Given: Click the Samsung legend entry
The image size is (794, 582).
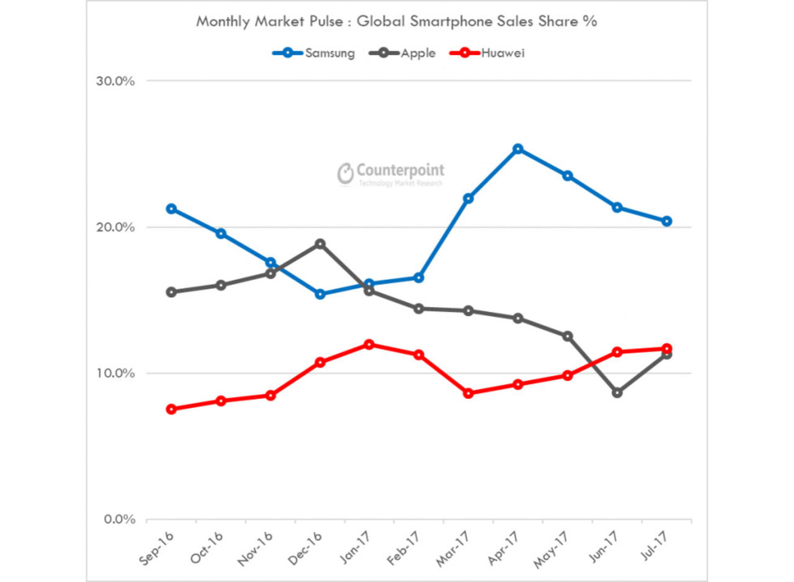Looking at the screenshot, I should (x=314, y=53).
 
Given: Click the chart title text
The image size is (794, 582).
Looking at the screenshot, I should (x=396, y=21).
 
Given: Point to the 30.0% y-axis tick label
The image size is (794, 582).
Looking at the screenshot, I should (x=115, y=81).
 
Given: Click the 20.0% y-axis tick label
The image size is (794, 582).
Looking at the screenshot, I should (x=115, y=227).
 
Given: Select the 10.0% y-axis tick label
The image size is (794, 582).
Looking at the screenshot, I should (x=115, y=374).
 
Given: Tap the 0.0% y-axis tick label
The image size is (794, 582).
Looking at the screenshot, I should (x=117, y=519).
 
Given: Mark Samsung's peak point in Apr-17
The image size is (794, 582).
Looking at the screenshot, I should (x=518, y=149).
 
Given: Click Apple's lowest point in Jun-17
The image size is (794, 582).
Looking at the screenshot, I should (x=617, y=393).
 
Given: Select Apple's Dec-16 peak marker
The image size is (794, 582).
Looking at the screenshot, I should (x=320, y=244).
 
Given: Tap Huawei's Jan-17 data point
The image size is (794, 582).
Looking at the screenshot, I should (x=370, y=344).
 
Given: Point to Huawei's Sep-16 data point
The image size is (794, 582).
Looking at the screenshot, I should (x=171, y=409).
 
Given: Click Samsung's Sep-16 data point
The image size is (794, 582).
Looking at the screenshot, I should (x=171, y=208).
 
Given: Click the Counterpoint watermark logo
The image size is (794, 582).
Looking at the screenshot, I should (x=391, y=174).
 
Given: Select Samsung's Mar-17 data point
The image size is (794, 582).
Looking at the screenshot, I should (x=468, y=199).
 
